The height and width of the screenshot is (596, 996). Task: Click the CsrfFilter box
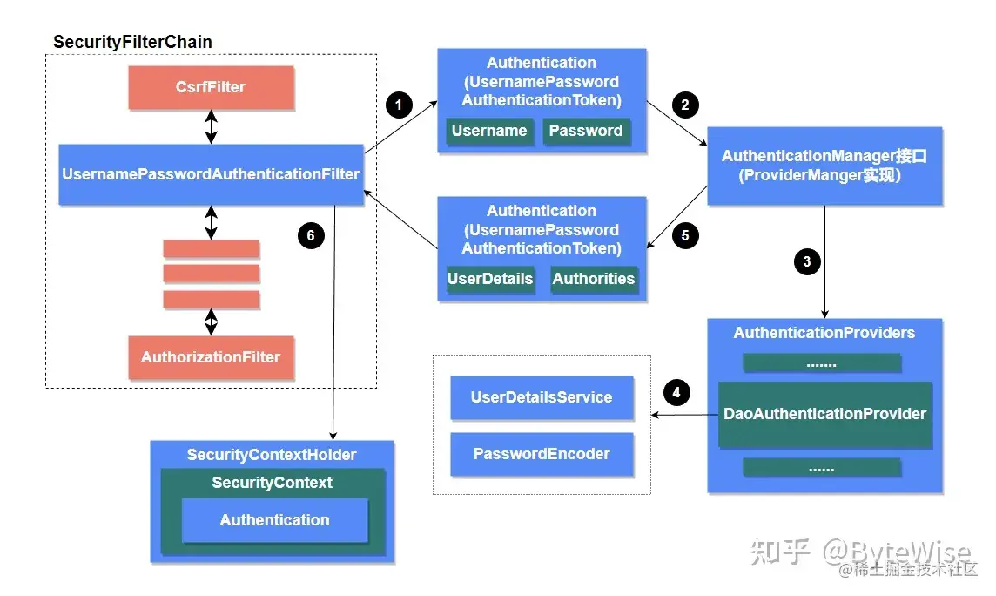click(x=211, y=87)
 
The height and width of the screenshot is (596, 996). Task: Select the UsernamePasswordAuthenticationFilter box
click(x=211, y=174)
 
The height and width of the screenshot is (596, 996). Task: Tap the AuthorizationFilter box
click(x=211, y=357)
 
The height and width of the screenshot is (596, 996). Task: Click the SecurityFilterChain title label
click(x=132, y=42)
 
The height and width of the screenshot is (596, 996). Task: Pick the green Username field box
click(x=488, y=131)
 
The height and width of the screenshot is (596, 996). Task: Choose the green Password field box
click(x=586, y=131)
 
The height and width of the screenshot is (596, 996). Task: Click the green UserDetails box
click(x=489, y=279)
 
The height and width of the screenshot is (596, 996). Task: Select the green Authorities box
click(x=594, y=279)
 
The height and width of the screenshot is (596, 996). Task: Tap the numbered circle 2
click(x=685, y=105)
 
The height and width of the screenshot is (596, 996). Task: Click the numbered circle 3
click(x=807, y=261)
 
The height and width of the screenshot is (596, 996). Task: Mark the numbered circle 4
click(x=676, y=392)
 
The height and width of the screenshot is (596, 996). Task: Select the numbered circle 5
click(x=685, y=235)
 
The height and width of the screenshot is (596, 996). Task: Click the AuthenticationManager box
click(x=824, y=166)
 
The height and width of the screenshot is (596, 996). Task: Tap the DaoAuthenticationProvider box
click(x=824, y=414)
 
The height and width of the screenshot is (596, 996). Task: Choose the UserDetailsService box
click(x=542, y=397)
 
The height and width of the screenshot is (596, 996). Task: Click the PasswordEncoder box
click(x=542, y=454)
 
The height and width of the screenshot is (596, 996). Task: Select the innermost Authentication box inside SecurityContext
click(x=274, y=520)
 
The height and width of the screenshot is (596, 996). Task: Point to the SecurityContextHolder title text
click(x=272, y=455)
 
